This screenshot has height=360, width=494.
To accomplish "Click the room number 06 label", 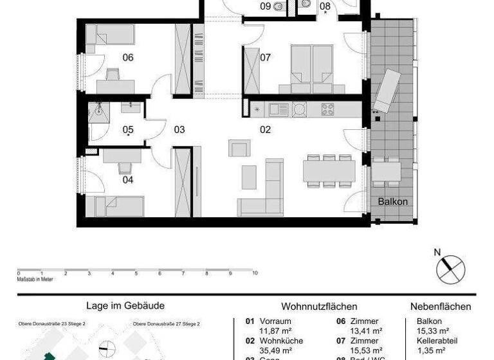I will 128,58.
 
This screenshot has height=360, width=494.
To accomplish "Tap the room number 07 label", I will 265,58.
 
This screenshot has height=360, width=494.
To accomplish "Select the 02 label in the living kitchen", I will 265,129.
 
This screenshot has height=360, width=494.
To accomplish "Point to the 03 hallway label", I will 179,129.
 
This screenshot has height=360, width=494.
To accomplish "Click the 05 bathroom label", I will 128,129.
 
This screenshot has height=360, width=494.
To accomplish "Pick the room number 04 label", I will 128,180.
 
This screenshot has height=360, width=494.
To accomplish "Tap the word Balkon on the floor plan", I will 392,201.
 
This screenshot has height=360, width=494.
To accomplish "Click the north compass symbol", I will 450,267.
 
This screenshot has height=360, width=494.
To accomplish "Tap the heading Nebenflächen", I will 441,307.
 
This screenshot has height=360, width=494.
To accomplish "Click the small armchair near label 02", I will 238,149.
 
